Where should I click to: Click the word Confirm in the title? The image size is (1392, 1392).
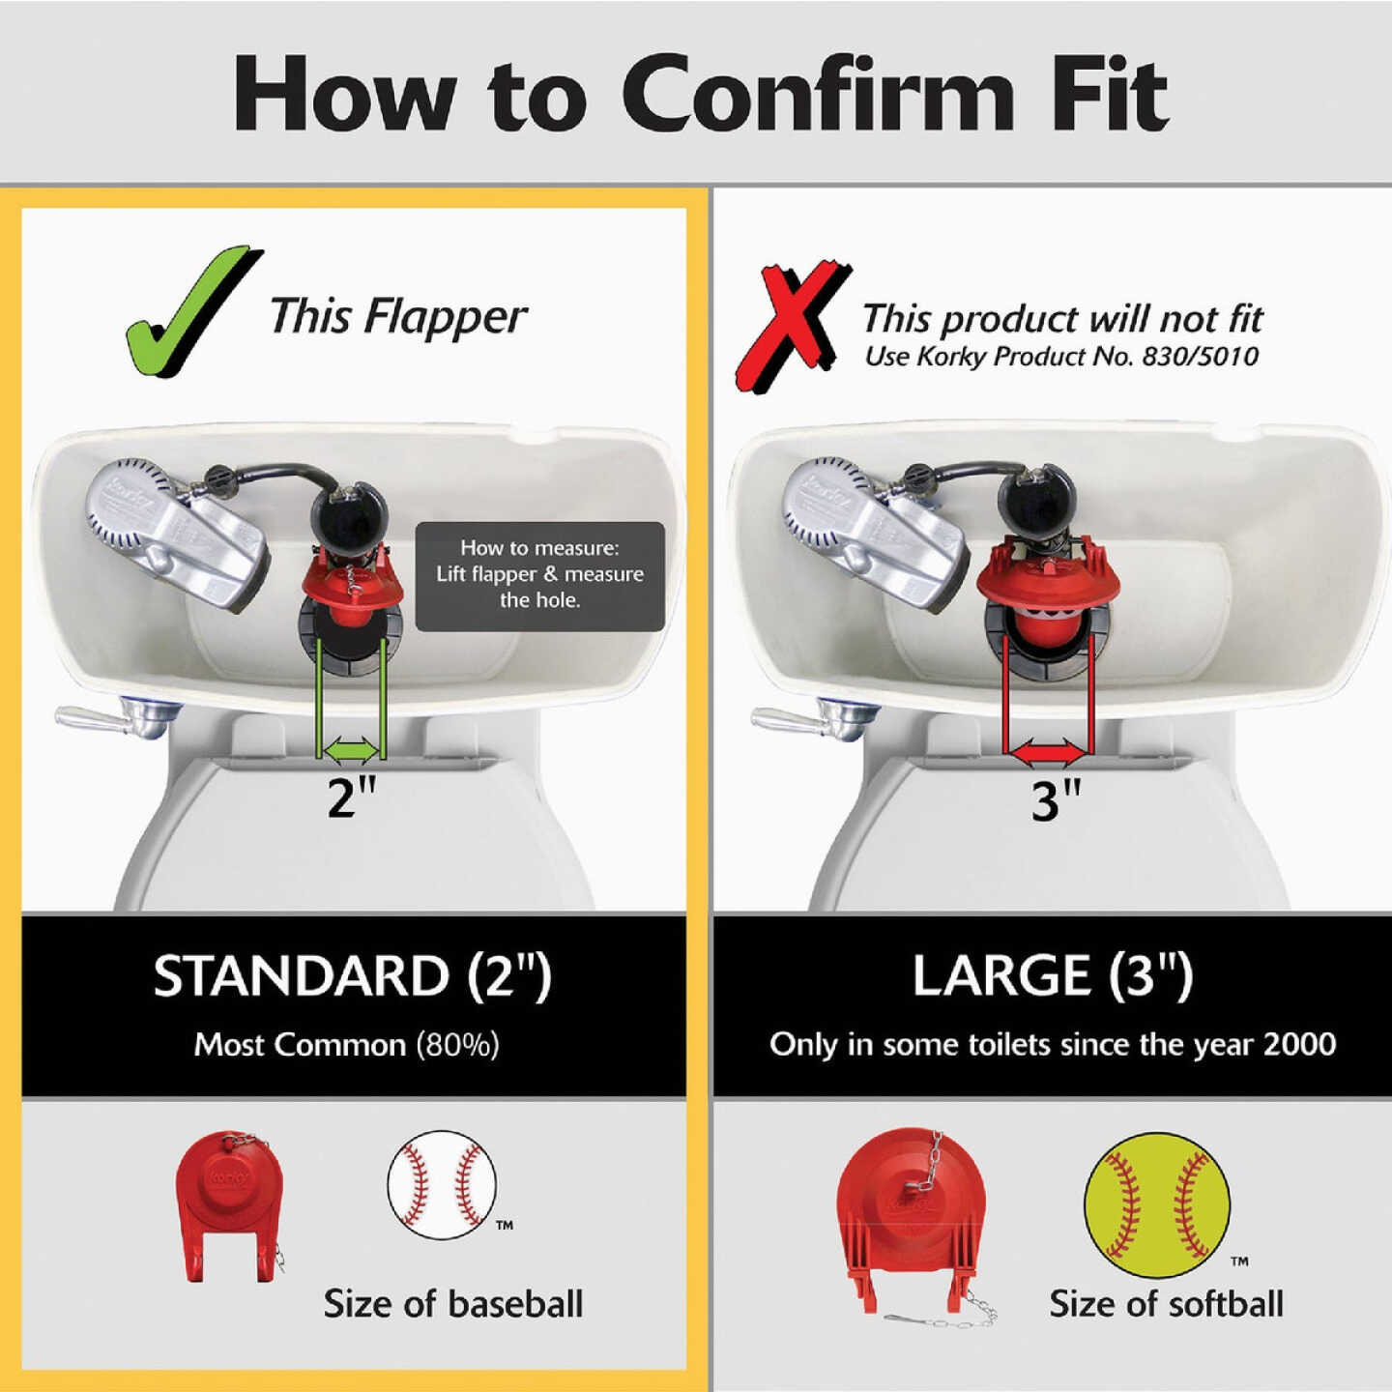point(817,94)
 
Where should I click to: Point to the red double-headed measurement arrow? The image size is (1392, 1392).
point(1049,749)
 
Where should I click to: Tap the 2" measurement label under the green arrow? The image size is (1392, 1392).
point(351,798)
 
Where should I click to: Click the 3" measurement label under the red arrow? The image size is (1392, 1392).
point(1056,800)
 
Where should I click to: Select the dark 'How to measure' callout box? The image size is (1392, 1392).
point(539,575)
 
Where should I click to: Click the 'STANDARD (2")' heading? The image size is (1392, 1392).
point(352,976)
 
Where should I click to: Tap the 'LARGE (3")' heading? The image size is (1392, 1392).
point(1053,975)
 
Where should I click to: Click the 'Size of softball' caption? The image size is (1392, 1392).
point(1166,1304)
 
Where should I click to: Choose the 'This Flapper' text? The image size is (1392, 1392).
point(397,316)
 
